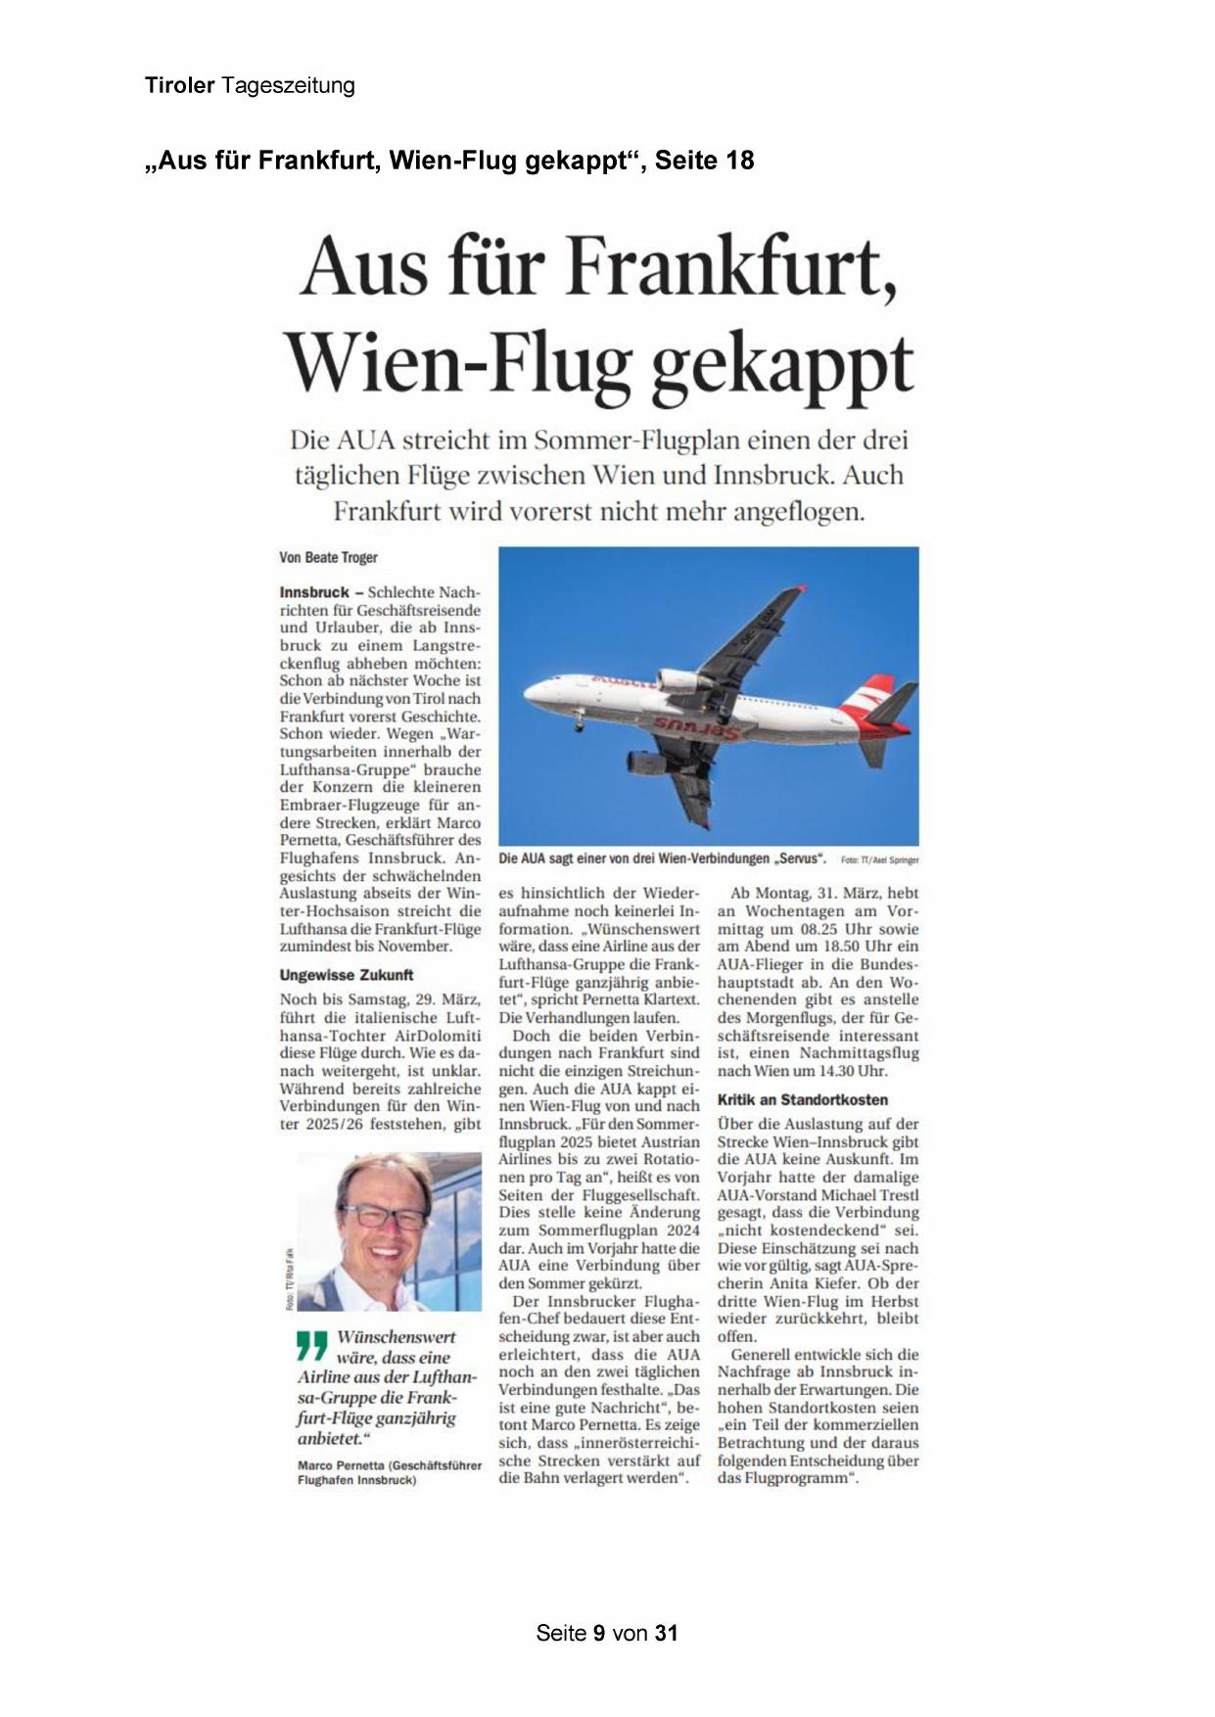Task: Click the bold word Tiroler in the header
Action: coord(179,85)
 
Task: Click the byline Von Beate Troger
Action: coord(328,557)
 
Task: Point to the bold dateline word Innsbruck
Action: coord(314,592)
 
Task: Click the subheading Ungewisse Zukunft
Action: coord(347,975)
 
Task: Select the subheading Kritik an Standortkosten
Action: coord(802,1099)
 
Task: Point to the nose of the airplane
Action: coord(529,693)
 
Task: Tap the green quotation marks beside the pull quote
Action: coord(311,1346)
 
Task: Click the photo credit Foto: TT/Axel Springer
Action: coord(879,860)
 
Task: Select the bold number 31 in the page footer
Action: coord(667,1633)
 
